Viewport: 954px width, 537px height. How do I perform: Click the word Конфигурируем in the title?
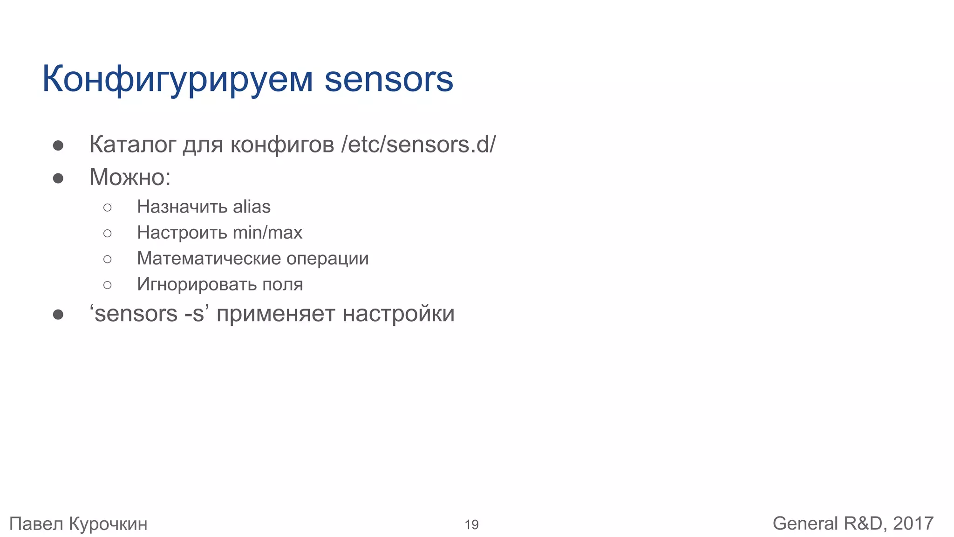pos(177,79)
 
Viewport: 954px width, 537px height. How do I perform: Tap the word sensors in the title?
pos(388,79)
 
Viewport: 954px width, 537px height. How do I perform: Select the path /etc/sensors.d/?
pos(418,144)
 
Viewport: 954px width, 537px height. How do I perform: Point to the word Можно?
pos(130,177)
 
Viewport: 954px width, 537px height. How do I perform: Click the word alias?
pos(252,207)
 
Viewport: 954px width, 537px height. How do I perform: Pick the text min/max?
pos(267,232)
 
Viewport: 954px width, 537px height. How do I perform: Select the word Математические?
pos(209,258)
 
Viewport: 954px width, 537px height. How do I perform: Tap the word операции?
pos(327,259)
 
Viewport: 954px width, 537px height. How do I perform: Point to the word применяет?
pos(276,314)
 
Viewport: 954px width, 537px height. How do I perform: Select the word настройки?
pos(398,314)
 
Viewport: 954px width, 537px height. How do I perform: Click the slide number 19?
pos(471,525)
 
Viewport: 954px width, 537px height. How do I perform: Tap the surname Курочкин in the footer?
pos(108,524)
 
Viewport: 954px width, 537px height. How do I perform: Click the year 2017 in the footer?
pos(913,523)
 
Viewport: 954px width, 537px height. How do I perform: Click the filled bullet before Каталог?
pos(58,145)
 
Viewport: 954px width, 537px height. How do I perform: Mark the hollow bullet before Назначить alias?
pos(108,207)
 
